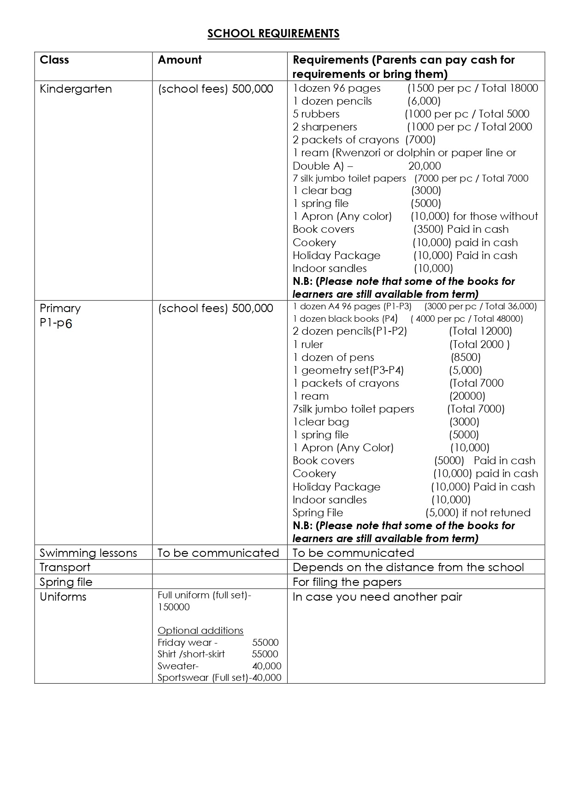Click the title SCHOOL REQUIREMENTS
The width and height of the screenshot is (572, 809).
coord(273,34)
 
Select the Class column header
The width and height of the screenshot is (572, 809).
coord(54,60)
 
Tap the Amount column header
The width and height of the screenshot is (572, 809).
coord(180,60)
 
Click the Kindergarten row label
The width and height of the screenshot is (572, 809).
coord(76,89)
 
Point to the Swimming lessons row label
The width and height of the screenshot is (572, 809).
coord(88,553)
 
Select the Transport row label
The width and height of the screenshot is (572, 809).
coord(65,567)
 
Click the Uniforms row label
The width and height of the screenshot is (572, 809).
coord(63,597)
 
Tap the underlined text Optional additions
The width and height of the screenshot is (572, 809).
coord(200,631)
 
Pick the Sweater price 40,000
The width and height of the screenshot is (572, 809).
coord(267,666)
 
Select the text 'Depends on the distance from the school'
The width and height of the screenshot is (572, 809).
coord(408,567)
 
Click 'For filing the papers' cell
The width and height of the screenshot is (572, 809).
coord(347,582)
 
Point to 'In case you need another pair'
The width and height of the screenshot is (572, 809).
coord(377,597)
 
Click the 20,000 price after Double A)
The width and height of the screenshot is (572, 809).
coord(425,166)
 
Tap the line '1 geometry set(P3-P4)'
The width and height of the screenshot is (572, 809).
coord(348,370)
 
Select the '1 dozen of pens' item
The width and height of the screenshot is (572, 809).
coord(333,357)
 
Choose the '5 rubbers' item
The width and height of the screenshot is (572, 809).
coord(316,114)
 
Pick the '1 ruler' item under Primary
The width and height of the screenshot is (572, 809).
coord(308,344)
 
